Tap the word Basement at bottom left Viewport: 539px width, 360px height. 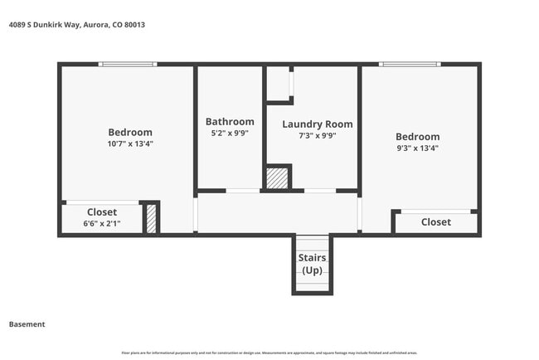point(27,324)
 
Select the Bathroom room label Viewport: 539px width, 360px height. point(230,122)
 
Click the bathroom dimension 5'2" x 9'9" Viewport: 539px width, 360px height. point(230,133)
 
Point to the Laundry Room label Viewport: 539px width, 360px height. point(317,124)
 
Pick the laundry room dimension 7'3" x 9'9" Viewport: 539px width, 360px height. point(317,136)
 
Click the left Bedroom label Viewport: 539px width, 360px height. point(130,132)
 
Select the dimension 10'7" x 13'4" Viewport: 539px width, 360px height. point(130,144)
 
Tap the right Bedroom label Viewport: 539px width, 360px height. point(417,137)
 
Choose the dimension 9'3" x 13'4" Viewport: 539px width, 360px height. point(417,148)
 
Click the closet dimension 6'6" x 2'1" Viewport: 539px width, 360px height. point(102,224)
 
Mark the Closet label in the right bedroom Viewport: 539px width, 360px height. point(435,222)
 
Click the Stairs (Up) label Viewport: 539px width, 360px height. point(312,264)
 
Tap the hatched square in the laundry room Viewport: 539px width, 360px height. point(277,178)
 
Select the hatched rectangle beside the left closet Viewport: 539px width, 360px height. point(151,218)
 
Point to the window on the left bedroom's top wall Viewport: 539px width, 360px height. point(128,64)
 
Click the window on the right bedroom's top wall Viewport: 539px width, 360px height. point(410,64)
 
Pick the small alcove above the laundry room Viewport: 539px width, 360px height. point(278,83)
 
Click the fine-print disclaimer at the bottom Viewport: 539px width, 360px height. point(269,353)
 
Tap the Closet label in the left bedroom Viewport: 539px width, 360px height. point(102,212)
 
